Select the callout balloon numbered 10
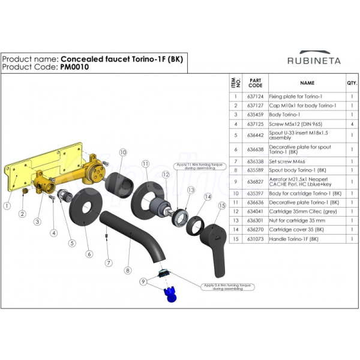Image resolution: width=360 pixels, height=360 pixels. pyautogui.click(x=122, y=152)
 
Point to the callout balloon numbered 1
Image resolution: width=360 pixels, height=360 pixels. pyautogui.click(x=7, y=205)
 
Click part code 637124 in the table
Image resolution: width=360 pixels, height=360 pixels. pyautogui.click(x=255, y=97)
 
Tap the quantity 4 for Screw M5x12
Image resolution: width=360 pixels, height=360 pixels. pyautogui.click(x=351, y=124)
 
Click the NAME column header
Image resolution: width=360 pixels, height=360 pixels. pyautogui.click(x=307, y=83)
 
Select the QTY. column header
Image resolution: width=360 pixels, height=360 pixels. pyautogui.click(x=351, y=83)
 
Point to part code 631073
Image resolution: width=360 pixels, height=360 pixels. pyautogui.click(x=255, y=238)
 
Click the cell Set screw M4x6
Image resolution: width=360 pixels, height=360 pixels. pyautogui.click(x=287, y=161)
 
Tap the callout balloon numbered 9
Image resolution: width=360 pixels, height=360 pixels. pyautogui.click(x=143, y=281)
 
